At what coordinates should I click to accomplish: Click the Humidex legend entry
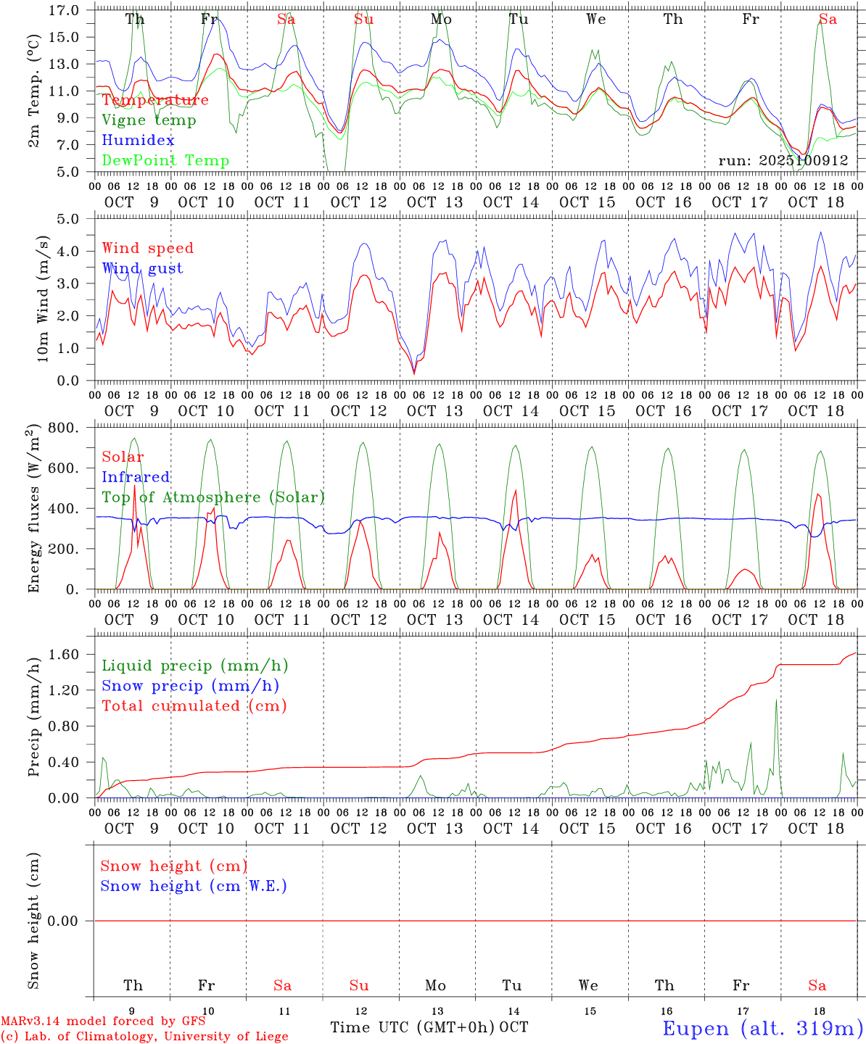[138, 141]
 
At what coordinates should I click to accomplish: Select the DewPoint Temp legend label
[165, 161]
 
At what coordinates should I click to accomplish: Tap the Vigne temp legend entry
[149, 120]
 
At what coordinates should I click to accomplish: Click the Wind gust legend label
[142, 268]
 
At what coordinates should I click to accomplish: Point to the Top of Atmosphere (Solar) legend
[213, 497]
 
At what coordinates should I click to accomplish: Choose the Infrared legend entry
[136, 477]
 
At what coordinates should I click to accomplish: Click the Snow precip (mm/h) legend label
[190, 686]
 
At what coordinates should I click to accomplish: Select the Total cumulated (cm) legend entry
[194, 706]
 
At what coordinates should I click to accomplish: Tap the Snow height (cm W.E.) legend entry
[194, 886]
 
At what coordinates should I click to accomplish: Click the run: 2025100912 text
[783, 161]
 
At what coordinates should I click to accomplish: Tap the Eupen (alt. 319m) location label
[762, 1028]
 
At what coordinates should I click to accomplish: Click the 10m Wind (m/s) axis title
[43, 299]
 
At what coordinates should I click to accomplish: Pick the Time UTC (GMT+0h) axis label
[413, 1027]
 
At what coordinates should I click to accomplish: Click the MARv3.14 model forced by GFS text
[103, 1022]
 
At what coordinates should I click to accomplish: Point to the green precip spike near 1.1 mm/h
[776, 700]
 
